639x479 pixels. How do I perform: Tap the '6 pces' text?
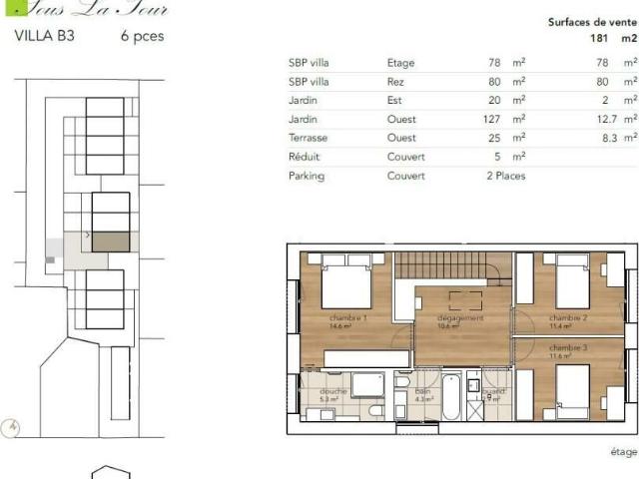click(142, 36)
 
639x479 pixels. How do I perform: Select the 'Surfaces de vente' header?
click(592, 21)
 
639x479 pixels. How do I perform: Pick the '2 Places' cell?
click(505, 176)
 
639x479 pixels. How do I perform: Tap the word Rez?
click(395, 81)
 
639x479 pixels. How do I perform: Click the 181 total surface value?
click(598, 39)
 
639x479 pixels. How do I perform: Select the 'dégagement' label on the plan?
click(460, 318)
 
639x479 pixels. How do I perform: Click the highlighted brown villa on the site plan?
click(110, 241)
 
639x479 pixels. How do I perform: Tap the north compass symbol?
click(12, 426)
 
